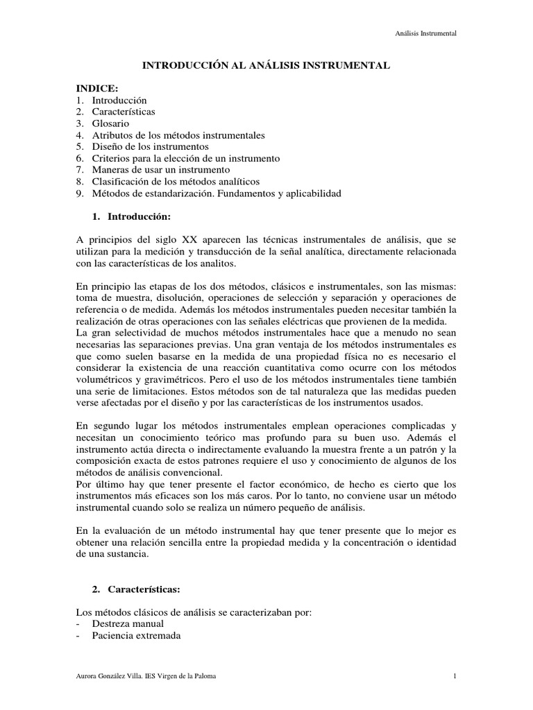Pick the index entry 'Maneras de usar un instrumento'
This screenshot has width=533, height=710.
[x=161, y=170]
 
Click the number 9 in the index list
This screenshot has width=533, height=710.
[x=80, y=193]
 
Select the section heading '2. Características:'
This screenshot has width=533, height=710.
[x=135, y=589]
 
